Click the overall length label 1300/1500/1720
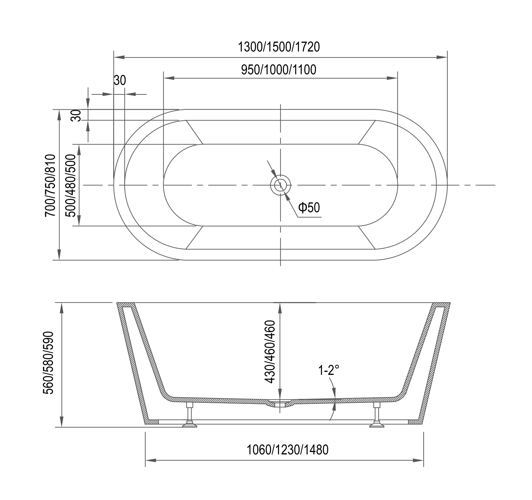pyautogui.click(x=278, y=47)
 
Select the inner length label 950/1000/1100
pyautogui.click(x=278, y=70)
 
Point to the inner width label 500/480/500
pyautogui.click(x=71, y=185)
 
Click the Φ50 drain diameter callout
pyautogui.click(x=309, y=208)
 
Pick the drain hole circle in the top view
pyautogui.click(x=280, y=185)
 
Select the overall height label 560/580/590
pyautogui.click(x=48, y=363)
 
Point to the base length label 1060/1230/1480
pyautogui.click(x=287, y=450)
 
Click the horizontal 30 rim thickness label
pyautogui.click(x=119, y=80)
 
